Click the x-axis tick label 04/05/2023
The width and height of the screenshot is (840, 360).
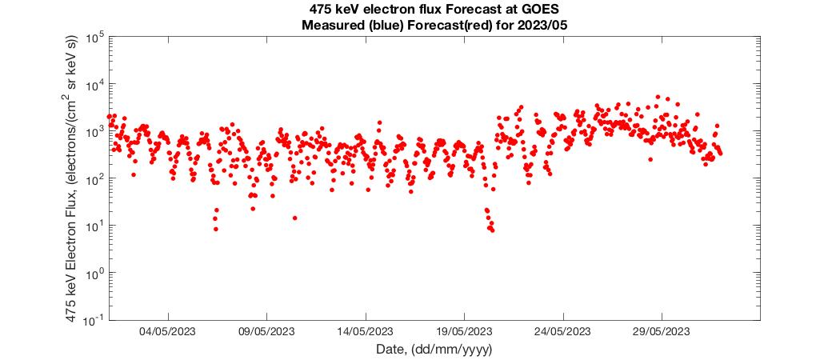[169, 332]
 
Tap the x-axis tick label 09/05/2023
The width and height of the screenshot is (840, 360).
[267, 332]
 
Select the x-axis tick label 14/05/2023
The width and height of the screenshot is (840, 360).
[366, 332]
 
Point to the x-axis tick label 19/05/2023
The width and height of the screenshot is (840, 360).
[465, 332]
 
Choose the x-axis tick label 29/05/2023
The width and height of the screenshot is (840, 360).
[662, 332]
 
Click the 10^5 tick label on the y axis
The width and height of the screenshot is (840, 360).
[93, 38]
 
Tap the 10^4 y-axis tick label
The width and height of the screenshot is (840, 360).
[93, 85]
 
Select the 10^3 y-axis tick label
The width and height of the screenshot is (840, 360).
[93, 132]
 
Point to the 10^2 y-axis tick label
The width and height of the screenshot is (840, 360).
[93, 179]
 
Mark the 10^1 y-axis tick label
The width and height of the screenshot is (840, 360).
[93, 226]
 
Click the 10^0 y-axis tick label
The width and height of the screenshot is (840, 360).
[93, 274]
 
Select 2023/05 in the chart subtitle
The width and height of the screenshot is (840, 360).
[546, 25]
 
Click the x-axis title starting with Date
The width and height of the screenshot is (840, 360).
[434, 350]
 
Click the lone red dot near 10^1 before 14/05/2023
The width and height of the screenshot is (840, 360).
[295, 218]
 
